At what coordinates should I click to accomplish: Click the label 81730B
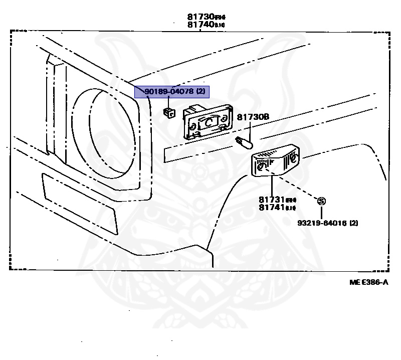point(253,116)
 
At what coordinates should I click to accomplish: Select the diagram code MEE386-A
point(369,282)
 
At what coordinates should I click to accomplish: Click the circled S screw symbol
point(321,201)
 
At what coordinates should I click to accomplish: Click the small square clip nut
point(169,112)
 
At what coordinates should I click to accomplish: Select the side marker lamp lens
point(276,161)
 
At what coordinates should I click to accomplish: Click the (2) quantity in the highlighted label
point(200,92)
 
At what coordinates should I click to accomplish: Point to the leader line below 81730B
point(249,129)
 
